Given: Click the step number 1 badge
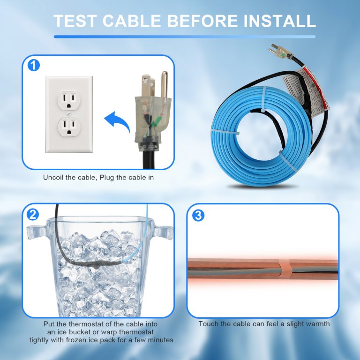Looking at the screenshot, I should click(x=33, y=65).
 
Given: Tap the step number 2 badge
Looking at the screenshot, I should click(x=33, y=215).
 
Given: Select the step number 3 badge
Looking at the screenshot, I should click(x=199, y=215).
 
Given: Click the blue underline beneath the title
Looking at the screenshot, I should click(x=184, y=36).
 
